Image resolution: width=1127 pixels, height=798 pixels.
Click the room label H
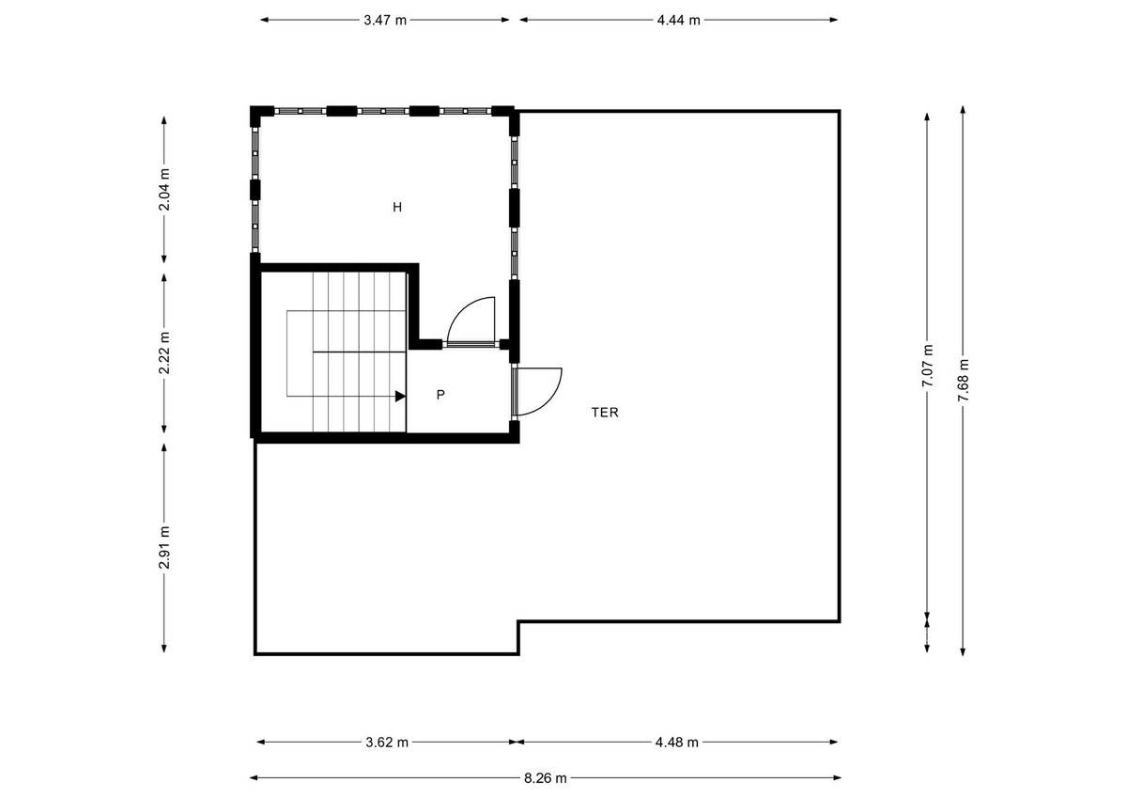point(397,207)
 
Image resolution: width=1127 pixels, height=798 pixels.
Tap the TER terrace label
point(605,412)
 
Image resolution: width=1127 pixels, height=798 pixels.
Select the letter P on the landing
point(440,395)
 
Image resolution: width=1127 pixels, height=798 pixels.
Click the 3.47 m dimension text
point(385,20)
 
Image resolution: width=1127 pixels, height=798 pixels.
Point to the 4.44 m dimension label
point(678,20)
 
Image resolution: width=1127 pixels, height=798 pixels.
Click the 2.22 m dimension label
point(164,353)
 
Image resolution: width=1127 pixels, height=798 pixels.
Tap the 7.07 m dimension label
point(928,365)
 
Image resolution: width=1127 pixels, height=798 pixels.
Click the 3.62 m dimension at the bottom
point(386,742)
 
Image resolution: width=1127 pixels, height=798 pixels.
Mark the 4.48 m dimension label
point(676,742)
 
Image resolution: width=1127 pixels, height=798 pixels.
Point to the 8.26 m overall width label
point(545,777)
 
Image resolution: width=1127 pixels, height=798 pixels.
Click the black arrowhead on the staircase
point(400,397)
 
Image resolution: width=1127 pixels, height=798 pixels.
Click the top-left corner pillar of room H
point(256,117)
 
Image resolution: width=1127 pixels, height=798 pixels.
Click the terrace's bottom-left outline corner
point(255,653)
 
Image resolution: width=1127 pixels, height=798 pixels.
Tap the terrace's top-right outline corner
point(839,111)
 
